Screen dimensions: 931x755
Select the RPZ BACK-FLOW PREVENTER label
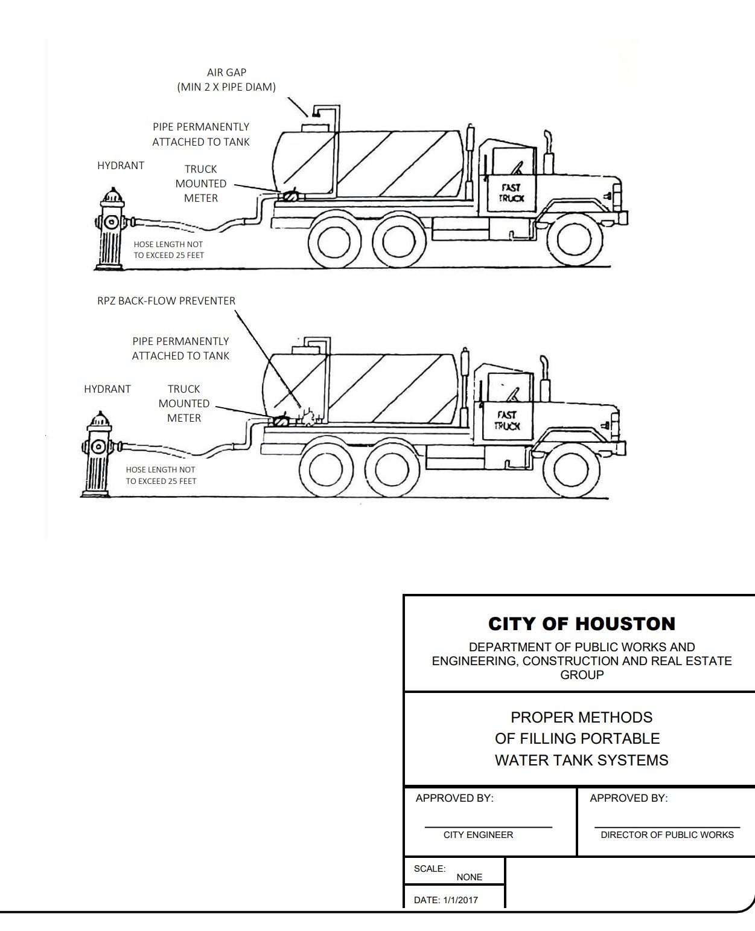pos(166,301)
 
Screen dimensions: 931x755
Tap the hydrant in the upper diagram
pos(111,229)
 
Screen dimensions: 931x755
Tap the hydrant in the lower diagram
pos(97,453)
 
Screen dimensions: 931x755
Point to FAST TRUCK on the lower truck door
pos(506,420)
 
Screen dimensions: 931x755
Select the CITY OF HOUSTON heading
pos(581,623)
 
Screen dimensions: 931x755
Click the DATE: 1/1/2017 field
pos(445,900)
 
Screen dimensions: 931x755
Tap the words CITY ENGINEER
pos(478,834)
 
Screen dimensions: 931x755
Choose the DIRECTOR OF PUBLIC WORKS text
pos(667,834)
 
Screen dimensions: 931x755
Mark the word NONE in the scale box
pos(469,877)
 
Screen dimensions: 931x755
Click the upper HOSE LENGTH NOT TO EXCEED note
pos(168,250)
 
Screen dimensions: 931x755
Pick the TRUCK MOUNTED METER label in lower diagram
pos(184,403)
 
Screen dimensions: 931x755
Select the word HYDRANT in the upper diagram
pos(121,166)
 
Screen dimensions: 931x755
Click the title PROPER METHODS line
pos(581,717)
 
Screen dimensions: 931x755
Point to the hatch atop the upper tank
pos(314,126)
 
